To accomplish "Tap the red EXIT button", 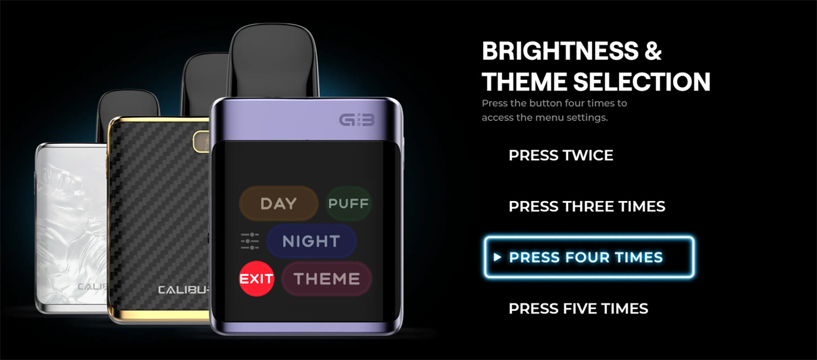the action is click(x=256, y=279).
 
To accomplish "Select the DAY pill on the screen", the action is click(x=278, y=204).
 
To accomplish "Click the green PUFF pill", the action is click(x=348, y=204).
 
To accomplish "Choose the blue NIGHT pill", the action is click(x=311, y=241).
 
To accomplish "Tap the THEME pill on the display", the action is click(x=327, y=279).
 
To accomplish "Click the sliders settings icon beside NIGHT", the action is click(x=250, y=241).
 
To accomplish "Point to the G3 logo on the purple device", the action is click(x=357, y=119).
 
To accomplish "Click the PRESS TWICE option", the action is click(x=561, y=155).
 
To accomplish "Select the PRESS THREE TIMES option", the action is click(x=587, y=207).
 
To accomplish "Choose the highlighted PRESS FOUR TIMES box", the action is click(x=589, y=257).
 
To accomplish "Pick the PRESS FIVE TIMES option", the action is click(x=578, y=308).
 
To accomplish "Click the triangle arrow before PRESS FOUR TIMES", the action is click(x=497, y=257).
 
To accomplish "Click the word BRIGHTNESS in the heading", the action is click(x=560, y=51).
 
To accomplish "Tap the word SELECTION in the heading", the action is click(x=642, y=81).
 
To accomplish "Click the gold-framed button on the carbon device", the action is click(x=201, y=141).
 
